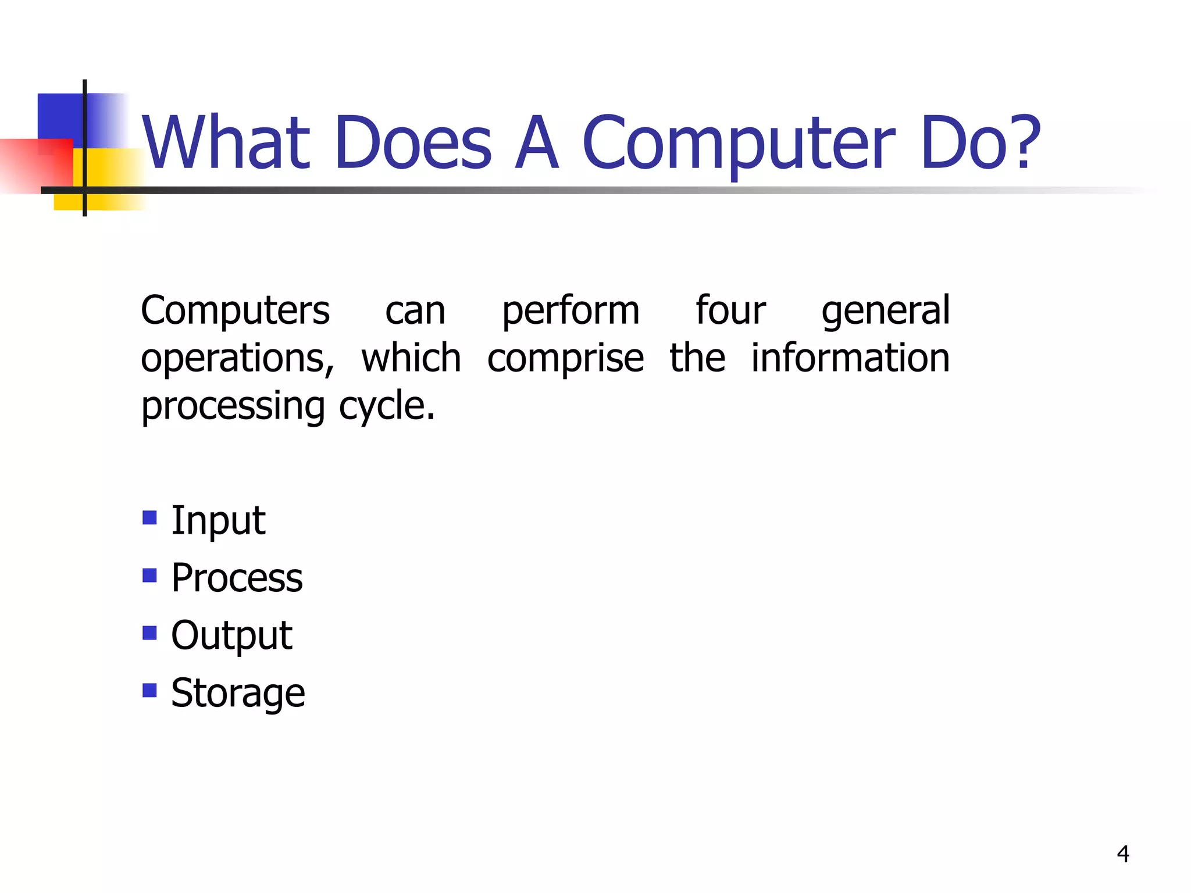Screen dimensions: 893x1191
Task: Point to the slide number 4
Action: click(x=1123, y=854)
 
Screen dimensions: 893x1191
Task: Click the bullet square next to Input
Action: click(x=149, y=517)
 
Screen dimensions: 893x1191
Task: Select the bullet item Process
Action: click(x=237, y=578)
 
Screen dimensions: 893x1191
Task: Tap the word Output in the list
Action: click(x=231, y=635)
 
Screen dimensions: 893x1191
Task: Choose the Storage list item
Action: click(x=238, y=693)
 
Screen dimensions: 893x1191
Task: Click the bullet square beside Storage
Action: click(x=149, y=690)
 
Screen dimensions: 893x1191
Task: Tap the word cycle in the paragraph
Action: click(x=387, y=406)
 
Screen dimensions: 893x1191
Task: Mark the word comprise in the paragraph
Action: click(x=565, y=359)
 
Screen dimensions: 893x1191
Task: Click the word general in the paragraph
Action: click(x=885, y=311)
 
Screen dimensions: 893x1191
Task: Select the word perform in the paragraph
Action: click(x=570, y=311)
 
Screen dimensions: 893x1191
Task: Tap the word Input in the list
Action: click(x=218, y=520)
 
